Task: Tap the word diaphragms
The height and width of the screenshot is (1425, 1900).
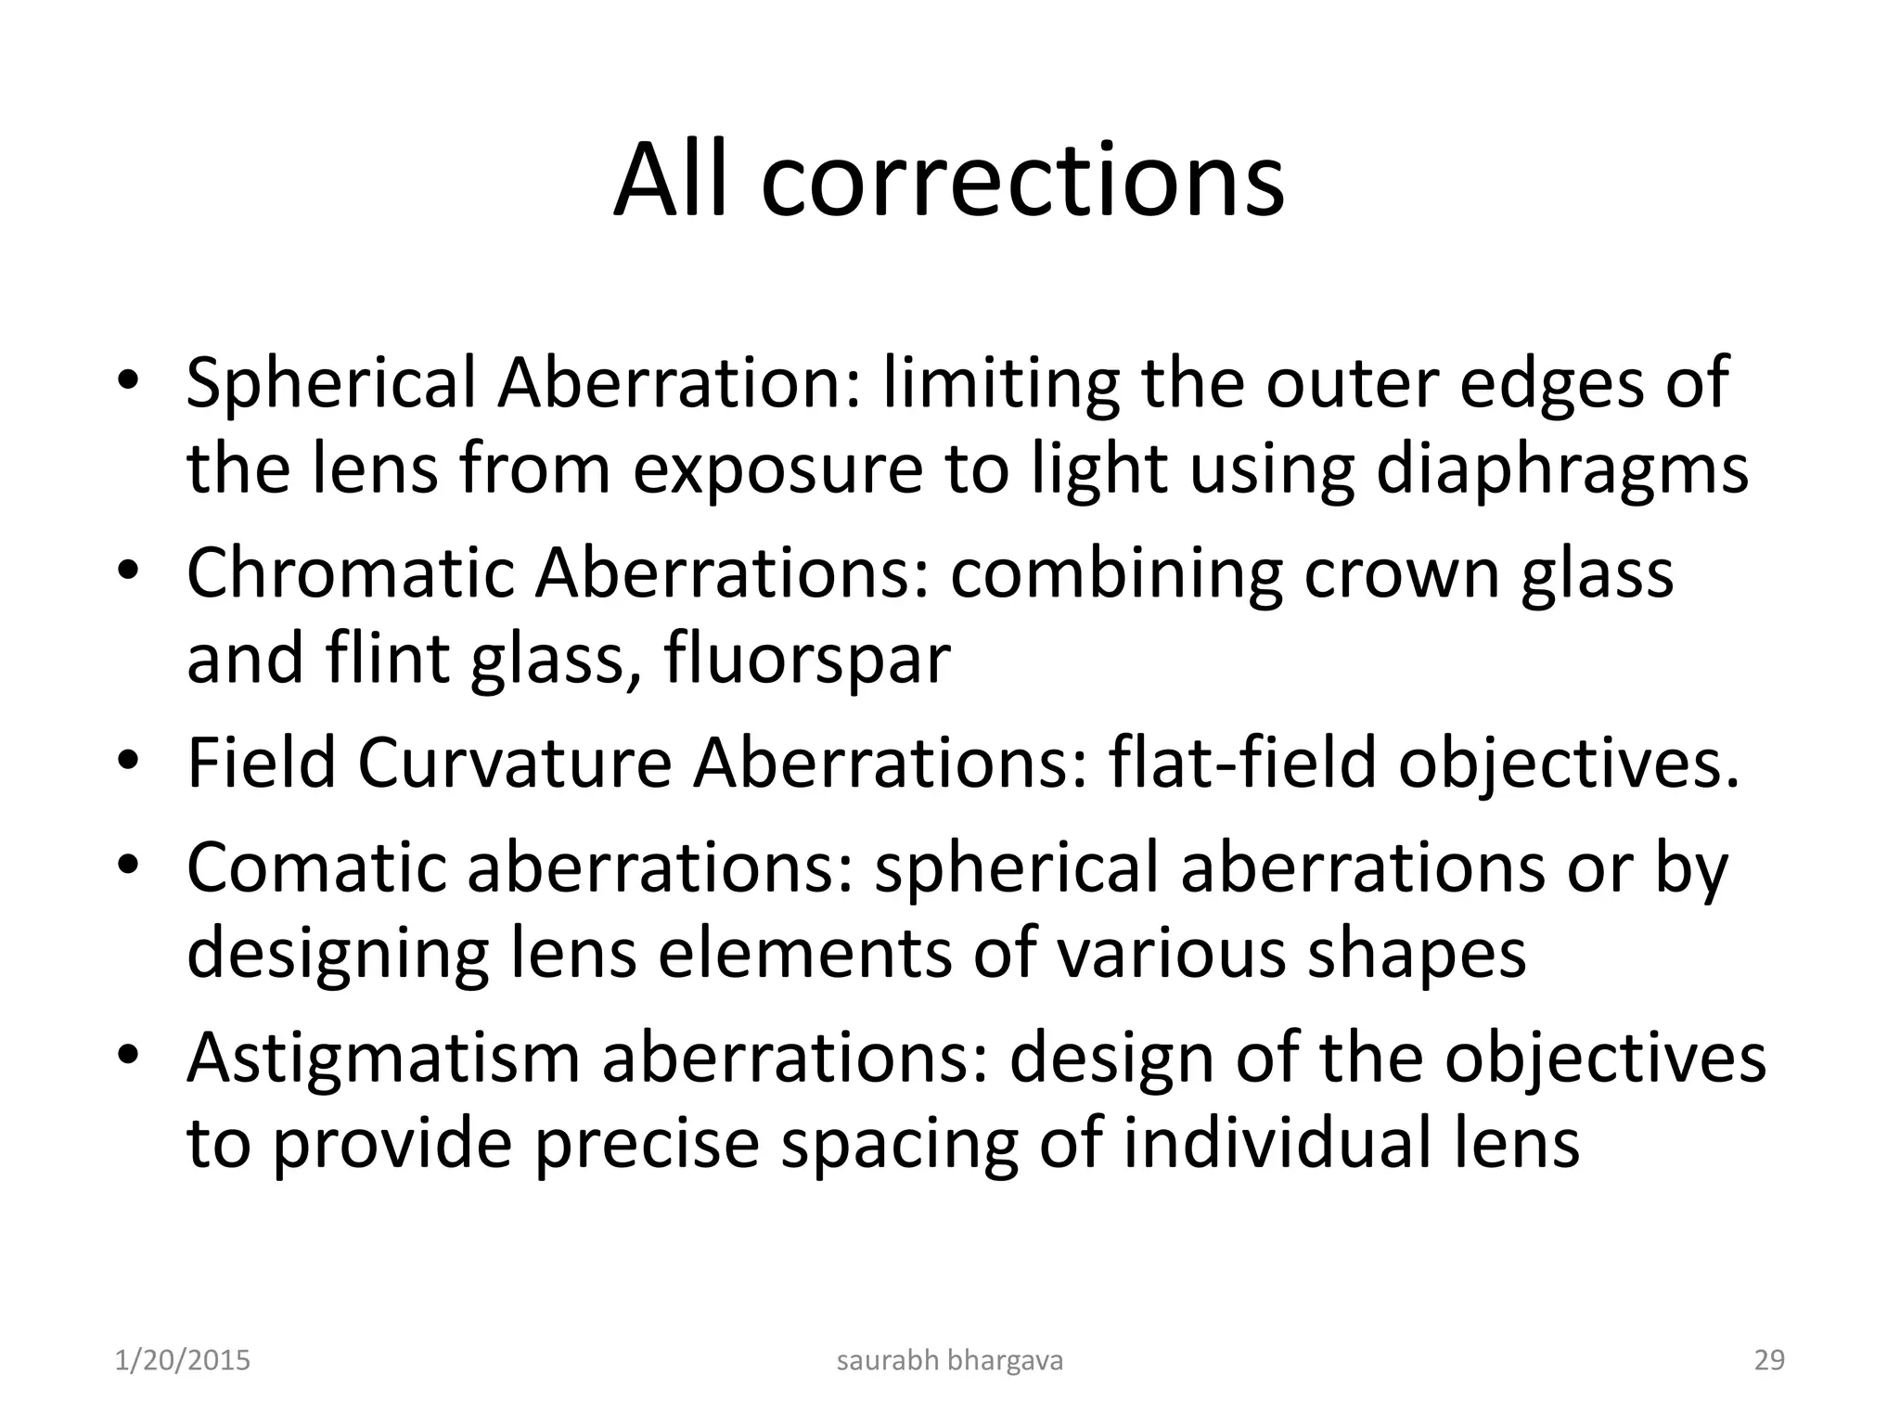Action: [x=1561, y=469]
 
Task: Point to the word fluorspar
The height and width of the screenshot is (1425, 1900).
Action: [x=807, y=659]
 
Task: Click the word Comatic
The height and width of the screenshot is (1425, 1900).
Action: [x=315, y=867]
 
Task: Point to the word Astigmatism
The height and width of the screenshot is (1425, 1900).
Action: [x=382, y=1058]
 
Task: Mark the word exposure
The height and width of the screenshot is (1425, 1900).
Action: [x=777, y=469]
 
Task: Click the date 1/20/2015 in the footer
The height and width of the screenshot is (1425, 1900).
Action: [x=183, y=1360]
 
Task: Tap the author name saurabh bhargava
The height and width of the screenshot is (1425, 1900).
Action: [x=950, y=1360]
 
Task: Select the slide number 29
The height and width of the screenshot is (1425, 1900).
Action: [x=1769, y=1360]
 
